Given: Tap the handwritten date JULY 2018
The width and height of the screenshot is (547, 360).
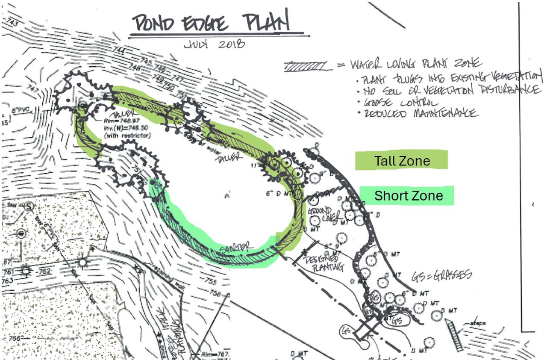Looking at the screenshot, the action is [214, 44].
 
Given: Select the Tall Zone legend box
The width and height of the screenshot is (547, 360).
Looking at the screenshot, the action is [401, 160].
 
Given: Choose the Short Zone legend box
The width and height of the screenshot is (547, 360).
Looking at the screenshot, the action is [406, 196].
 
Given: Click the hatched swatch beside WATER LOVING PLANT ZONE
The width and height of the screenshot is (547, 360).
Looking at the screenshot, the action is [307, 67].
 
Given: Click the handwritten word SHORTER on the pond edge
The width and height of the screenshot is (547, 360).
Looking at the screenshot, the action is [235, 248].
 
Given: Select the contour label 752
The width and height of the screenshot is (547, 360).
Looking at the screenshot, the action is [45, 271].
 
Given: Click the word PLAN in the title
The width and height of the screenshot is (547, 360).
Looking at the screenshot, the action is [267, 21].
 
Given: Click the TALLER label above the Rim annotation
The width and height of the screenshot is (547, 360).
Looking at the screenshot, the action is [118, 114].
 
